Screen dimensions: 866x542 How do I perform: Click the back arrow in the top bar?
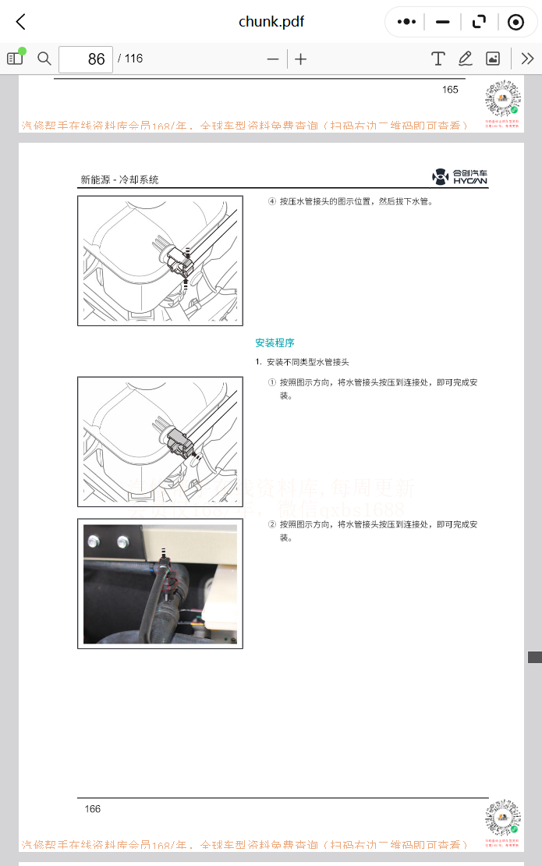tap(21, 22)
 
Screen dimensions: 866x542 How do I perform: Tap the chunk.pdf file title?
tap(271, 22)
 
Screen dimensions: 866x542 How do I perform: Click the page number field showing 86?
tap(86, 59)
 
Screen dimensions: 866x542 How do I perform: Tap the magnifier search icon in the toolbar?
tap(44, 59)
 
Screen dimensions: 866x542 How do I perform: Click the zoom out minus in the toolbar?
tap(273, 59)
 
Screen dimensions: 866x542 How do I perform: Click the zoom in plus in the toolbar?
tap(301, 59)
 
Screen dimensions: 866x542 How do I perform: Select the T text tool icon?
tap(438, 59)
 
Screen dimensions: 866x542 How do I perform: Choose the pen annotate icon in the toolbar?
tap(466, 59)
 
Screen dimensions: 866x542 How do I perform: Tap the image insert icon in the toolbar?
tap(493, 59)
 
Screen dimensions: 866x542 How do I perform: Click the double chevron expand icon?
tap(527, 59)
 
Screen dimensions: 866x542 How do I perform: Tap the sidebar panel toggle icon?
tap(15, 59)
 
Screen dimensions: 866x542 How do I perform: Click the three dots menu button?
tap(406, 22)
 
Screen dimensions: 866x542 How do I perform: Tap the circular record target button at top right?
tap(515, 22)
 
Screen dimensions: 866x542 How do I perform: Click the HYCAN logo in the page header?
tap(460, 177)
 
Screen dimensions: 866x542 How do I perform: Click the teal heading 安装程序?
tap(275, 342)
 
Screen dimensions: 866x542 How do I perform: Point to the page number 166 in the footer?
tap(93, 808)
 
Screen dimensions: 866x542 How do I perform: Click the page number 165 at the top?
tap(450, 90)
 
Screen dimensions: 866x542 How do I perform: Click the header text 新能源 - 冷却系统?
tap(119, 179)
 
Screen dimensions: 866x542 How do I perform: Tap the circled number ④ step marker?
tap(271, 201)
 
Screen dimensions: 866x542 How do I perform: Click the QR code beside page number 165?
tap(502, 99)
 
